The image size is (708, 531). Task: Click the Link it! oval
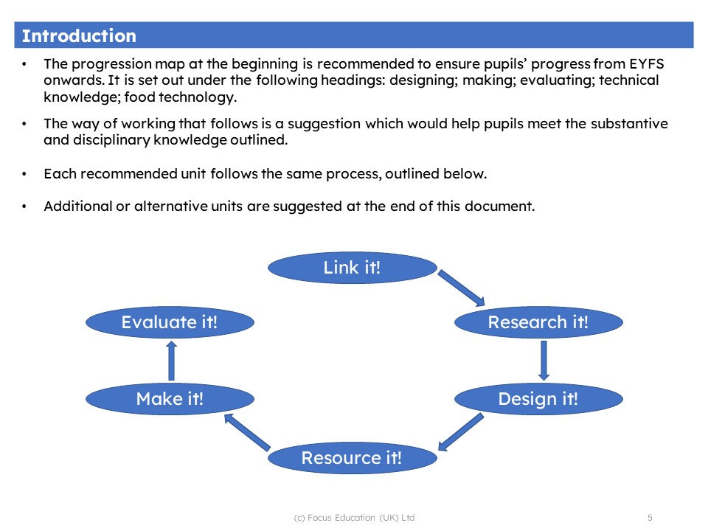click(x=352, y=268)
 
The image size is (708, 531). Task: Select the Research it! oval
click(x=538, y=322)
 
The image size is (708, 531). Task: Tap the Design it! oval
click(x=538, y=399)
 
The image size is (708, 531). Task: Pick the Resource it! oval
click(x=352, y=458)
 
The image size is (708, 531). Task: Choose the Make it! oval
click(x=170, y=399)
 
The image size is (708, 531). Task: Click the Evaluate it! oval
click(x=170, y=322)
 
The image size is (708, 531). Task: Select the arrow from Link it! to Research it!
click(x=462, y=288)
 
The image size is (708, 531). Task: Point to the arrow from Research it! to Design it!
click(x=544, y=360)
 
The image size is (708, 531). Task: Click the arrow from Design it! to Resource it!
click(x=461, y=431)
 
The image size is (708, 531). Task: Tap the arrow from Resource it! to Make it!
click(x=247, y=431)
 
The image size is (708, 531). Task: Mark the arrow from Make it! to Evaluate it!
click(x=171, y=360)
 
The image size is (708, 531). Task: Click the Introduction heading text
click(x=79, y=36)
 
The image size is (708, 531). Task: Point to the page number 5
click(x=650, y=518)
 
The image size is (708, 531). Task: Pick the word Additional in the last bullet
click(x=77, y=206)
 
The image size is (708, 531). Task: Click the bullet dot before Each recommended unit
click(x=25, y=175)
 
